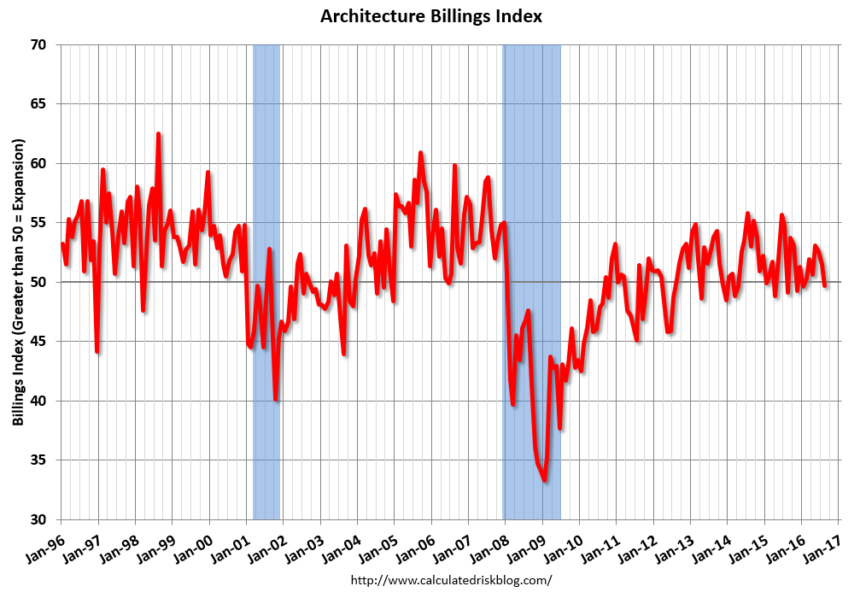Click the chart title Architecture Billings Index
point(430,16)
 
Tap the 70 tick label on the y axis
point(40,44)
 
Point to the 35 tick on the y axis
point(40,460)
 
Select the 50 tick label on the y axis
point(40,282)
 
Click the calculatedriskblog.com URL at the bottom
point(452,580)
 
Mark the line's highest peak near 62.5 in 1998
point(158,134)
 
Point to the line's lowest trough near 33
point(544,481)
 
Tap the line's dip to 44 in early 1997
point(97,351)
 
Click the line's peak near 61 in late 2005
point(420,153)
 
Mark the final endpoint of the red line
point(825,285)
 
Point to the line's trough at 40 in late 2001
point(276,399)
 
